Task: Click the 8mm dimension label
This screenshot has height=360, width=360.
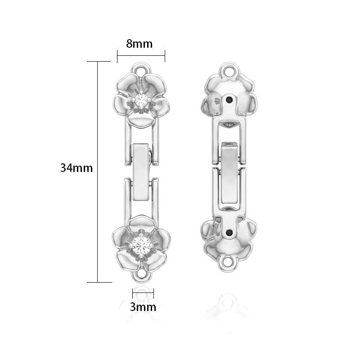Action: [x=139, y=44]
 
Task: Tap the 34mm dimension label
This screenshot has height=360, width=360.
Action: [x=76, y=168]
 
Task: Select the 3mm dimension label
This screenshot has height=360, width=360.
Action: [x=143, y=307]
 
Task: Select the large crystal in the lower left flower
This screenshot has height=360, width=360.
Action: [x=141, y=245]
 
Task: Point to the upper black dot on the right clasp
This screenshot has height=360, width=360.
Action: [x=229, y=99]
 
